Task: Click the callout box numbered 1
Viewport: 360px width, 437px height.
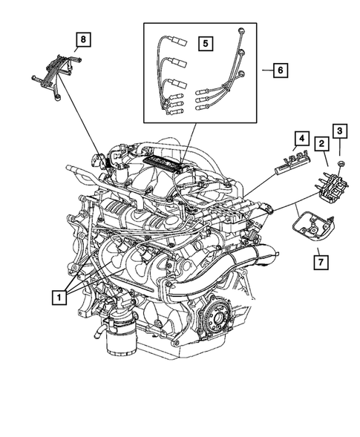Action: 57,298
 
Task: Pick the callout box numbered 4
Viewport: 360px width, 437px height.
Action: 300,138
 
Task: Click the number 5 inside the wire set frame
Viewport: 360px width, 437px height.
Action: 205,43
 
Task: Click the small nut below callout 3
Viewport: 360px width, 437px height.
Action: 338,162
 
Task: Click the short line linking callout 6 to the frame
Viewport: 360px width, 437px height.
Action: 264,70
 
